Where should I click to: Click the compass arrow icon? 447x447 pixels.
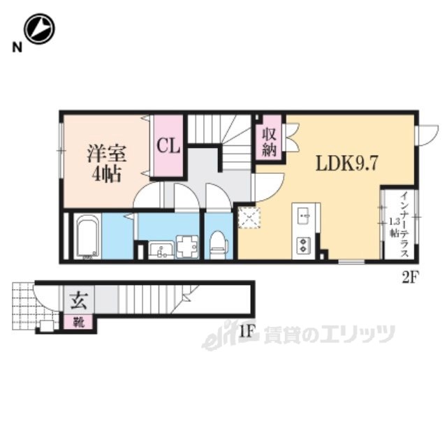click(x=39, y=29)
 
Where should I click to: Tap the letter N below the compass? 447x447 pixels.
click(x=17, y=47)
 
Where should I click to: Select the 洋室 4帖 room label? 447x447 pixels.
click(x=107, y=163)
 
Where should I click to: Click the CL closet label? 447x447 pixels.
click(x=168, y=146)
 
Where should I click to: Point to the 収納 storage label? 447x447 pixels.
click(x=270, y=142)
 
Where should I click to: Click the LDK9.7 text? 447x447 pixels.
click(x=346, y=163)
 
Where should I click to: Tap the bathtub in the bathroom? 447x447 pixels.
click(x=87, y=236)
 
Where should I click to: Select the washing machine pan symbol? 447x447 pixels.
click(x=187, y=247)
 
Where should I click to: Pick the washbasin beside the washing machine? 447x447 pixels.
click(x=161, y=250)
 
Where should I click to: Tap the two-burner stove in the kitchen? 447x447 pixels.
click(x=303, y=245)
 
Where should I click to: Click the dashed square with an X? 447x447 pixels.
click(x=249, y=218)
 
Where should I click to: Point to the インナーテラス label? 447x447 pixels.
click(x=404, y=225)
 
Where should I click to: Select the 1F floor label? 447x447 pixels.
click(x=247, y=332)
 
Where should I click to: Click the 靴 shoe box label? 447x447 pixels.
click(x=78, y=323)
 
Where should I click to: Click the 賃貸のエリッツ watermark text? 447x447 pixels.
click(x=329, y=334)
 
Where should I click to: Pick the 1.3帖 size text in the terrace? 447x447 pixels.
click(x=395, y=227)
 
